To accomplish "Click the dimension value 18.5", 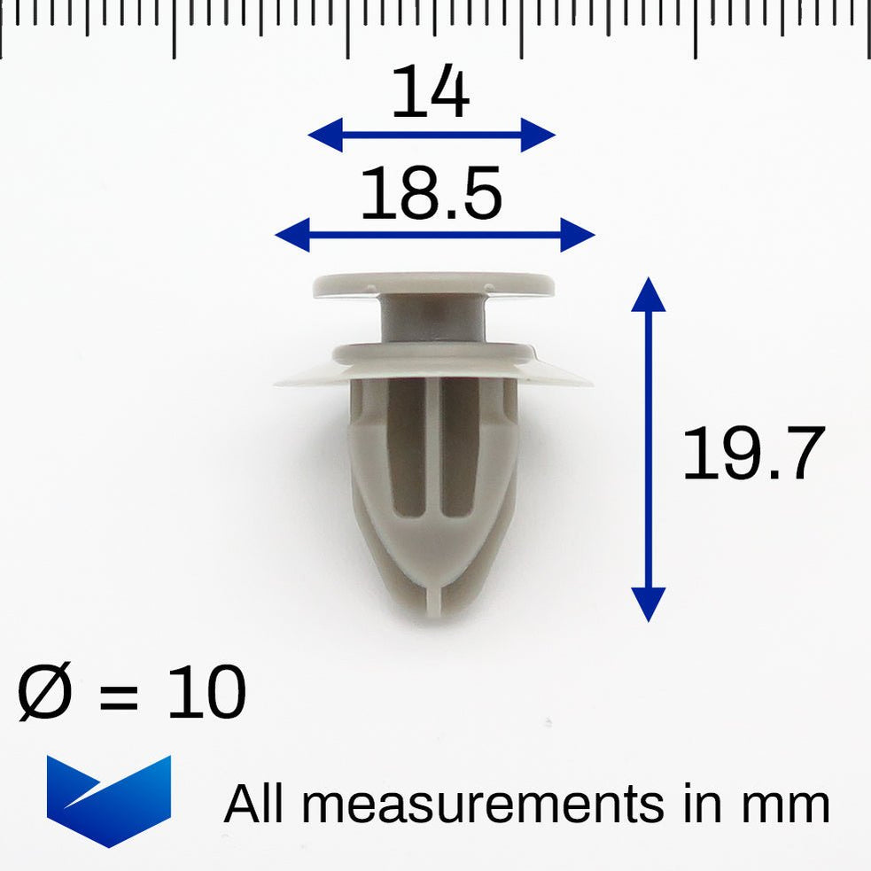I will click(x=431, y=196).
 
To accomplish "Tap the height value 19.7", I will click(x=753, y=454).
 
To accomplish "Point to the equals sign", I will click(x=118, y=696).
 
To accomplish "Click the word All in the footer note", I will click(x=257, y=804).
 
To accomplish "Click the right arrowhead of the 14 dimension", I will click(x=541, y=136).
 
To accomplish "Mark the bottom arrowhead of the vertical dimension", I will click(x=649, y=607).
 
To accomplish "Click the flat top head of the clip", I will click(x=433, y=284).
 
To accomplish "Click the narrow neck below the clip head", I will click(x=433, y=318).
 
